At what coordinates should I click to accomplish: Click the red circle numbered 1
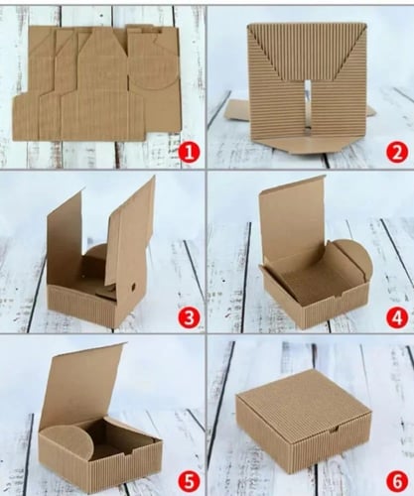pyautogui.click(x=189, y=152)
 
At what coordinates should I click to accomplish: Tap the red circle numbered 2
pyautogui.click(x=397, y=152)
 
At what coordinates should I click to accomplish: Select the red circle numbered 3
pyautogui.click(x=189, y=317)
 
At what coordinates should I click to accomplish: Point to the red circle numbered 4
pyautogui.click(x=397, y=317)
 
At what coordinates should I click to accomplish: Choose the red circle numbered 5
pyautogui.click(x=189, y=481)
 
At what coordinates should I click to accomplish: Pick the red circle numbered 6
pyautogui.click(x=397, y=481)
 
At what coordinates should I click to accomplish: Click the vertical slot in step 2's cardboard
pyautogui.click(x=308, y=107)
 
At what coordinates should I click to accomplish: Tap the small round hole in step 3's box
pyautogui.click(x=134, y=287)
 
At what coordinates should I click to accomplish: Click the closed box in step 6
pyautogui.click(x=304, y=422)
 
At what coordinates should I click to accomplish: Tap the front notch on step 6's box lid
pyautogui.click(x=333, y=430)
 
